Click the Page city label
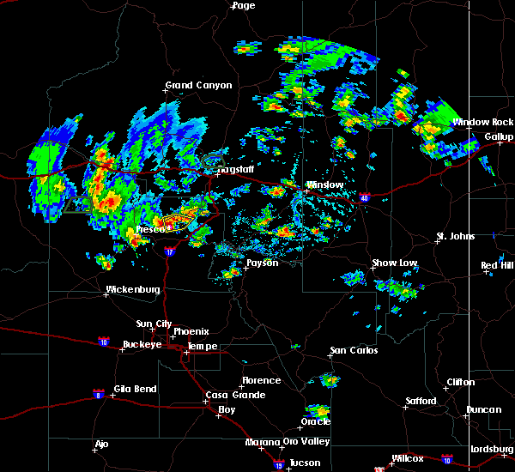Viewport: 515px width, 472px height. tap(244, 5)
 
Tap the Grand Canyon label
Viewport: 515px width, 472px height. tap(199, 85)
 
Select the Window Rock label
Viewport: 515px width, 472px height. tap(483, 122)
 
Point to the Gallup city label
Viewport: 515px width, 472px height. tap(499, 136)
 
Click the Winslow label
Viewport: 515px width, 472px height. tap(325, 185)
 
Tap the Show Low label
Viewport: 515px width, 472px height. tap(395, 263)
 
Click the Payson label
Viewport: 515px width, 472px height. tap(263, 263)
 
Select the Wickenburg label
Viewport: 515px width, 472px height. tap(133, 290)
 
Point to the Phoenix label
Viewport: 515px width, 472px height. tap(191, 331)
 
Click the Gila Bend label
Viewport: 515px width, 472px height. tap(133, 389)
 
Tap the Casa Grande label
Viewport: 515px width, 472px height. tap(231, 395)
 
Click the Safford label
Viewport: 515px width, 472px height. tap(421, 401)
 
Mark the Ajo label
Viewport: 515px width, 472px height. tap(102, 444)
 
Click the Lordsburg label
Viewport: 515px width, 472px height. tap(492, 450)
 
